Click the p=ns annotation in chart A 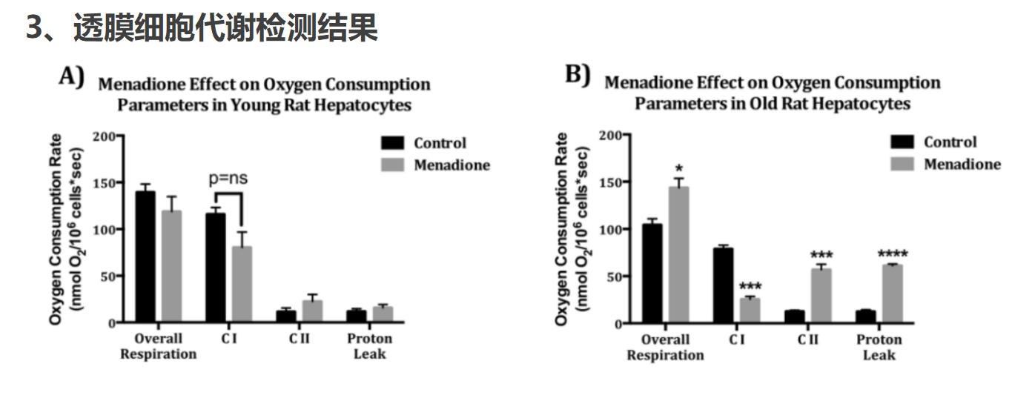point(228,179)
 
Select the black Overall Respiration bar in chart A point(145,256)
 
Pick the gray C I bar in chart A point(242,284)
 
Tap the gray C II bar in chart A point(312,311)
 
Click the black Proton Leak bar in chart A point(357,316)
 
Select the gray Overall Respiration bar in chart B point(678,254)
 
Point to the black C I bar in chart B point(724,285)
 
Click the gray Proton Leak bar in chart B point(893,293)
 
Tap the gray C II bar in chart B point(821,295)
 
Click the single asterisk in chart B point(678,168)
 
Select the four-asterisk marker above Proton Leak point(893,253)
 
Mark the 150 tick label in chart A point(104,183)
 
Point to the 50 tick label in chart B point(614,277)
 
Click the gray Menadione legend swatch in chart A point(392,165)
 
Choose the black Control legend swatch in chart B point(902,142)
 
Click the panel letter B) point(578,75)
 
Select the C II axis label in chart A point(300,339)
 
